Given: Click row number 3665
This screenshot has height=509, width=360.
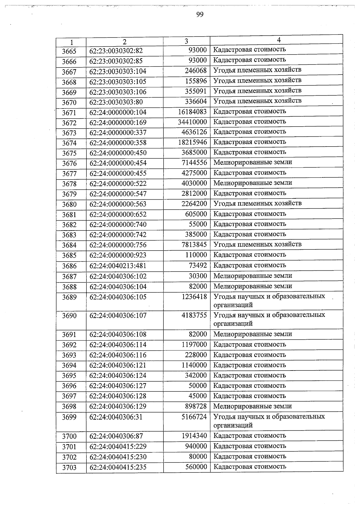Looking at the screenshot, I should click(69, 51).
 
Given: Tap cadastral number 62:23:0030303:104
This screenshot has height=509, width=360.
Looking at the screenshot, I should click(118, 71).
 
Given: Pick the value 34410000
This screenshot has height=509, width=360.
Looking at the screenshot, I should click(192, 122).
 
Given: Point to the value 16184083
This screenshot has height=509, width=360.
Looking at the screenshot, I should click(192, 112).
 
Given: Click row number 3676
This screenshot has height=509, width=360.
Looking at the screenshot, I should click(69, 163).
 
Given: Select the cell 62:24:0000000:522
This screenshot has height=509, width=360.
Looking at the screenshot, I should click(118, 183).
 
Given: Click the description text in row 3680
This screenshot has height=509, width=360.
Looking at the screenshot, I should click(257, 204).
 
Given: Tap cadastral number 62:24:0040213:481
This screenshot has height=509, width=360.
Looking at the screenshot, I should click(118, 266).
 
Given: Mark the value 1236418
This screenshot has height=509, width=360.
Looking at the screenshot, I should click(194, 297).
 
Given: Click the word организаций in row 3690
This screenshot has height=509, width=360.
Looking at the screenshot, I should click(233, 324).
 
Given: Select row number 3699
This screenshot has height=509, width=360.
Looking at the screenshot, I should click(69, 417).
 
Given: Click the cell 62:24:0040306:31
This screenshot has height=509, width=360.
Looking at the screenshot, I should click(116, 417).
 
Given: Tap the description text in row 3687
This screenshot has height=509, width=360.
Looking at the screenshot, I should click(253, 276).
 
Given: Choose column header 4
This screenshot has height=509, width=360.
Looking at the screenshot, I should click(279, 40).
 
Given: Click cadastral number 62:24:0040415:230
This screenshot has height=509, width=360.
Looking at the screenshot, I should click(118, 457).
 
